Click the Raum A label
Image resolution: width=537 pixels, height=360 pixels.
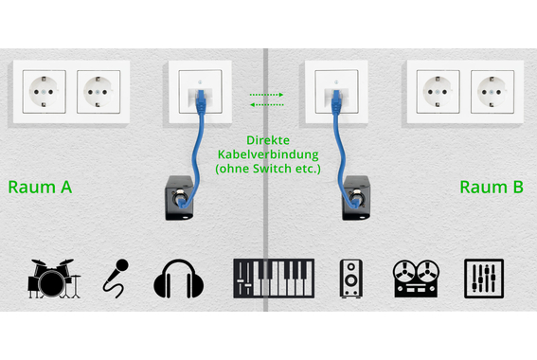[x=40, y=187]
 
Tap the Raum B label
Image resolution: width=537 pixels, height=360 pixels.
[x=492, y=187]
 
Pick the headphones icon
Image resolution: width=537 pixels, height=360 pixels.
[x=179, y=279]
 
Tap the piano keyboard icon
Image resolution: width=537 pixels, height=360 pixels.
[x=270, y=278]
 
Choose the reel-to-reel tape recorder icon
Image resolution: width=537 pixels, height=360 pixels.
[x=418, y=278]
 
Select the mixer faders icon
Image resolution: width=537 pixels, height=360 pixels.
[x=484, y=278]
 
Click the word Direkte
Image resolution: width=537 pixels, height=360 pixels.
[x=266, y=138]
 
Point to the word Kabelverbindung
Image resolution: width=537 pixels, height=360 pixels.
[x=266, y=153]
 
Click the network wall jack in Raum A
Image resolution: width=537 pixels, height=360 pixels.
[x=199, y=92]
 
